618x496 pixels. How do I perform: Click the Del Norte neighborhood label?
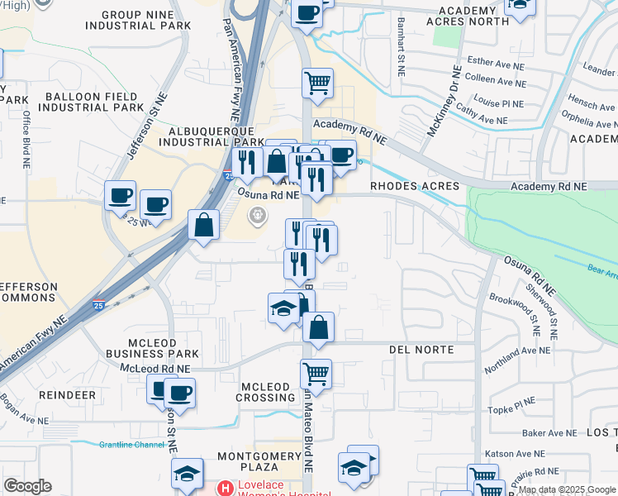click(x=421, y=350)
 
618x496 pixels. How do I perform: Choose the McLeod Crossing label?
click(x=268, y=392)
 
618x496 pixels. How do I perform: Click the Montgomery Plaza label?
click(x=259, y=461)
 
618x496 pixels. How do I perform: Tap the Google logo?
click(x=27, y=486)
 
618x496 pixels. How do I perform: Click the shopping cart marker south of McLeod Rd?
click(x=316, y=374)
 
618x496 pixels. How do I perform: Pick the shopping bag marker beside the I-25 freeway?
click(x=203, y=224)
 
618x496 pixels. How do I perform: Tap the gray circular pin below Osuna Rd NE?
click(x=258, y=217)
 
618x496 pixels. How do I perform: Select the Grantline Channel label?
click(x=131, y=445)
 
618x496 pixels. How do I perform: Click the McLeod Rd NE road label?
click(x=155, y=369)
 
